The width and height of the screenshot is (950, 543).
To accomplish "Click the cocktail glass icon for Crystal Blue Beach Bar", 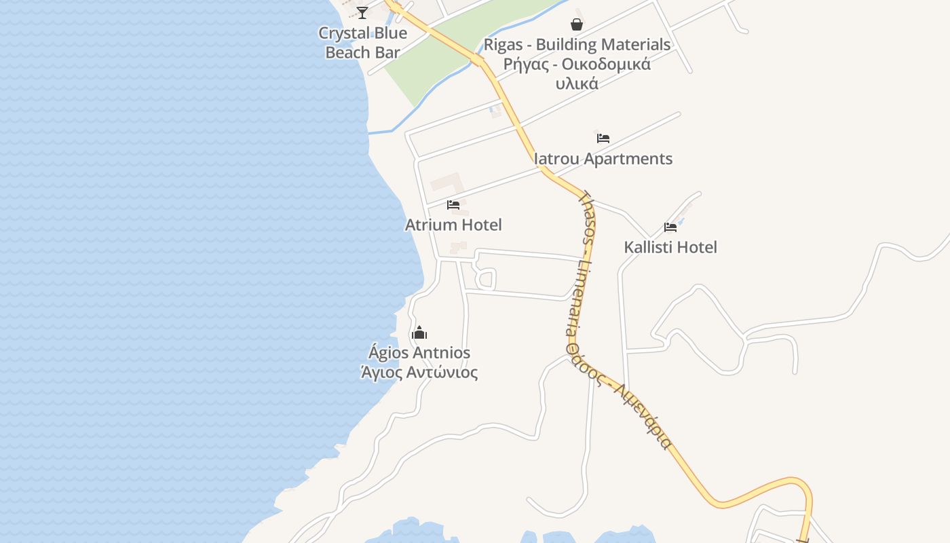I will [362, 12].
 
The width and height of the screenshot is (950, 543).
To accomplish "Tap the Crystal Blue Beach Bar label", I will [363, 42].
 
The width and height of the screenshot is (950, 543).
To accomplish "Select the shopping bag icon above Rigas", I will [577, 25].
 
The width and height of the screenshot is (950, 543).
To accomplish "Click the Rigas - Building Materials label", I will [577, 45].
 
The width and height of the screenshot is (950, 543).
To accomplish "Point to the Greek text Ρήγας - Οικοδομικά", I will [577, 64].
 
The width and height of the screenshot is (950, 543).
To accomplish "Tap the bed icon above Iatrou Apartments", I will [603, 138].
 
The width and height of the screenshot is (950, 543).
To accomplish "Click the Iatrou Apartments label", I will [603, 159].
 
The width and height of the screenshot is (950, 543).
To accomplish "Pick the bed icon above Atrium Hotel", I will [453, 204].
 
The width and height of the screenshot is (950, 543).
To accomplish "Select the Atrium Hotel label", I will [453, 225].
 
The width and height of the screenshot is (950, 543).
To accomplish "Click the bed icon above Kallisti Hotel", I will [670, 227].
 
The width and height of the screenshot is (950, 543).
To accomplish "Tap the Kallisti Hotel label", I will [670, 247].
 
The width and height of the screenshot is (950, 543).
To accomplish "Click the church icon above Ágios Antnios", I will [419, 333].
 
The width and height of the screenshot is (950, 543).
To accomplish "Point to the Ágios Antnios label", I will [419, 353].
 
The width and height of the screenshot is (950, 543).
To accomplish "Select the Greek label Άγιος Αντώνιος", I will [419, 373].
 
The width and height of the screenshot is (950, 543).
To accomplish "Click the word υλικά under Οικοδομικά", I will [577, 84].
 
